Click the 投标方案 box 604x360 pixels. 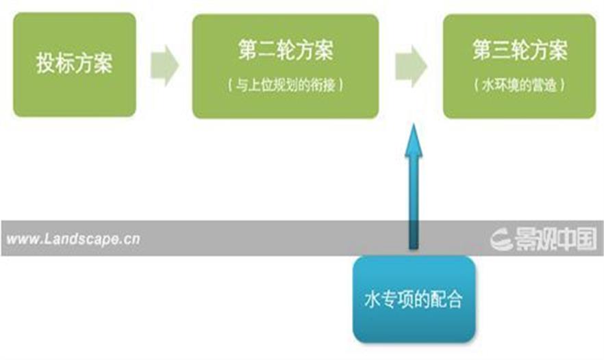75,64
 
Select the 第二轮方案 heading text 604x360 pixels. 286,51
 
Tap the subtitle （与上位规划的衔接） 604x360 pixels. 286,86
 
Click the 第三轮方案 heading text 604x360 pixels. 520,51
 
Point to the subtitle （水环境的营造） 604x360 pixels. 520,86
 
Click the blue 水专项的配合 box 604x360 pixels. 414,299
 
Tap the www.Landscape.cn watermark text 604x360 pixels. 73,240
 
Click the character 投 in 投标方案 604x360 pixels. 46,65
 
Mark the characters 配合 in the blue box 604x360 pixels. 448,300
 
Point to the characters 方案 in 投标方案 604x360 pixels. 93,65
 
